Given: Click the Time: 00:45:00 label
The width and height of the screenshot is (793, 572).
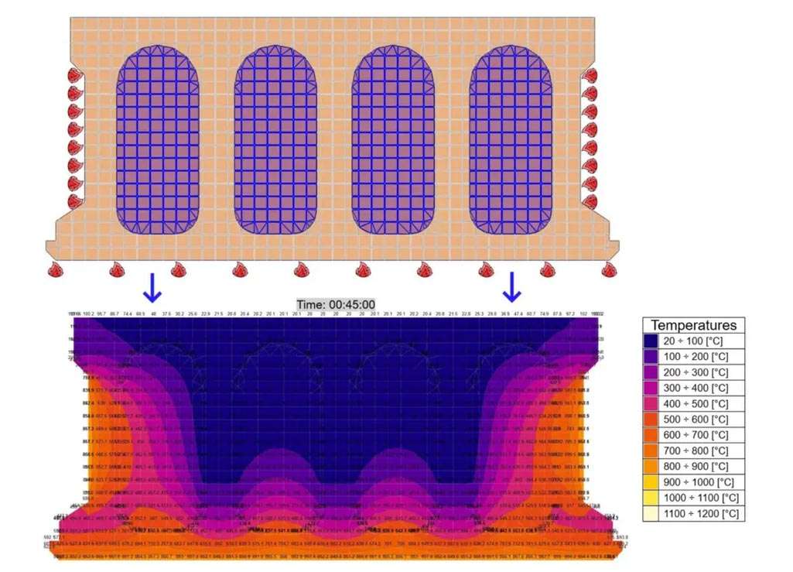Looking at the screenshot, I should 337,305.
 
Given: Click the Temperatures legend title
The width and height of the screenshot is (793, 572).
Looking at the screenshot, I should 693,326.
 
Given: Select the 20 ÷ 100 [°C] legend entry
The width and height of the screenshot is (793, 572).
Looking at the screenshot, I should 693,341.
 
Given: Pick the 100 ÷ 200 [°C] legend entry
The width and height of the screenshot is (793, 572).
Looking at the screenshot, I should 693,357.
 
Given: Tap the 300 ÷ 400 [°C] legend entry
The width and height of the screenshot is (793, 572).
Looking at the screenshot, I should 693,388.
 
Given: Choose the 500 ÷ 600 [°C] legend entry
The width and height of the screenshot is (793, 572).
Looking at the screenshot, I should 693,420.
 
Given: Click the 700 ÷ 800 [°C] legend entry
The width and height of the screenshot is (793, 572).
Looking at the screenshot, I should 693,450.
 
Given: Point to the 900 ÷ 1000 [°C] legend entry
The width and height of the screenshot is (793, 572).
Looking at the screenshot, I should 693,482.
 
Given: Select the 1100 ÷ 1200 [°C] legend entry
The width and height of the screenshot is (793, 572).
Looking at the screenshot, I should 693,513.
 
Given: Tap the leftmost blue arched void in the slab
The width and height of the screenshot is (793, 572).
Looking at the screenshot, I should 157,139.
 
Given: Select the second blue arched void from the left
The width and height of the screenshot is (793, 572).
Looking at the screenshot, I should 276,139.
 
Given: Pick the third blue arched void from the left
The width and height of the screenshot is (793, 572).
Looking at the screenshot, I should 393,139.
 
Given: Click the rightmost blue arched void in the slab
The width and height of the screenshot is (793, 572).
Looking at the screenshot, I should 511,139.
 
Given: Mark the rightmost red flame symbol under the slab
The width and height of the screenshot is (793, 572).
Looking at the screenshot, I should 609,270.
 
